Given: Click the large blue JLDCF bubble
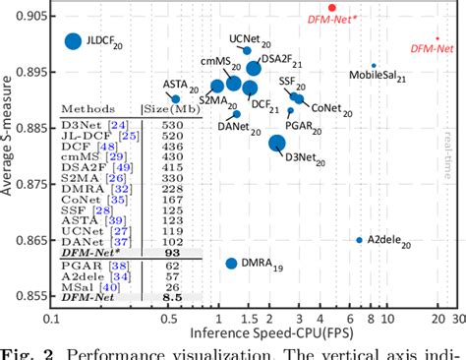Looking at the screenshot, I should (x=72, y=41).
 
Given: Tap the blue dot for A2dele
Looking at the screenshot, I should (x=359, y=240).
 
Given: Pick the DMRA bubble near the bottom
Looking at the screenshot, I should (x=231, y=264).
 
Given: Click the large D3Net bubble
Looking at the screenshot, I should (x=277, y=144).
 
